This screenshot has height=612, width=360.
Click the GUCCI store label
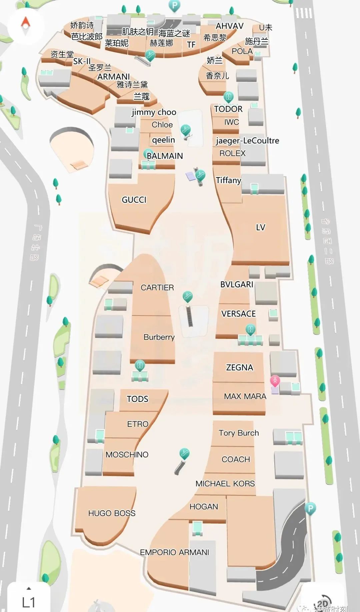(134, 200)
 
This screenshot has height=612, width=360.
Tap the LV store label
(260, 227)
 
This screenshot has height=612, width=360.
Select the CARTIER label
(157, 287)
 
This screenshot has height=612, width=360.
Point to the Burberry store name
(159, 337)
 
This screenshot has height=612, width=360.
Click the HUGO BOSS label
(112, 513)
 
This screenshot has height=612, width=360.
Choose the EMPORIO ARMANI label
(174, 552)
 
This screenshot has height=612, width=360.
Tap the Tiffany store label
(228, 180)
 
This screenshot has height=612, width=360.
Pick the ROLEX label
(232, 153)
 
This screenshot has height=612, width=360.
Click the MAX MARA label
(245, 396)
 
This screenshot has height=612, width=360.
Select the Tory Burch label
(239, 433)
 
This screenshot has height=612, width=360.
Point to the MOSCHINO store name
(127, 455)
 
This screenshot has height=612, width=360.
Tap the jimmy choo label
(154, 112)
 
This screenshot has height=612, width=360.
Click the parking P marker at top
(174, 5)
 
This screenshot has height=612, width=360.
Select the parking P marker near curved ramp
(310, 509)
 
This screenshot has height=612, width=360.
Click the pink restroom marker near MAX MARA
(275, 381)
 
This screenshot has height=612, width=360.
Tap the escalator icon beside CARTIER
(188, 296)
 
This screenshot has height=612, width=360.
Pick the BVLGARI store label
(237, 284)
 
